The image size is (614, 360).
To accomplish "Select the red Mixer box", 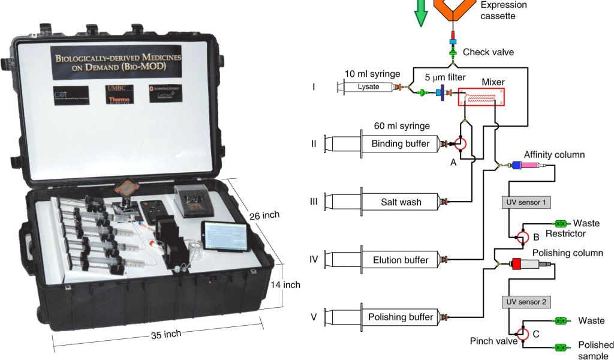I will click(x=481, y=97).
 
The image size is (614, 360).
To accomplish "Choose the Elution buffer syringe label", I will click(x=401, y=260).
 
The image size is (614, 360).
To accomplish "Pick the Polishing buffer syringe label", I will click(x=401, y=317).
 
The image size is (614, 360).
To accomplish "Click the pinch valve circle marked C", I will click(x=521, y=334).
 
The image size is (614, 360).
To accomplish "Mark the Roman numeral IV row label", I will click(x=314, y=260).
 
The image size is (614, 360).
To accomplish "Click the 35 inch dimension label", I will click(x=165, y=334).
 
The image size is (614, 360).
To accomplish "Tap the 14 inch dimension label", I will click(x=284, y=284).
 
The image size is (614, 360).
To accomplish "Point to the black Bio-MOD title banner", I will click(x=117, y=62).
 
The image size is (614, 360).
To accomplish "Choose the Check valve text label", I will click(x=488, y=52).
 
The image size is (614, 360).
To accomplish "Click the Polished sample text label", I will click(x=595, y=350).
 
